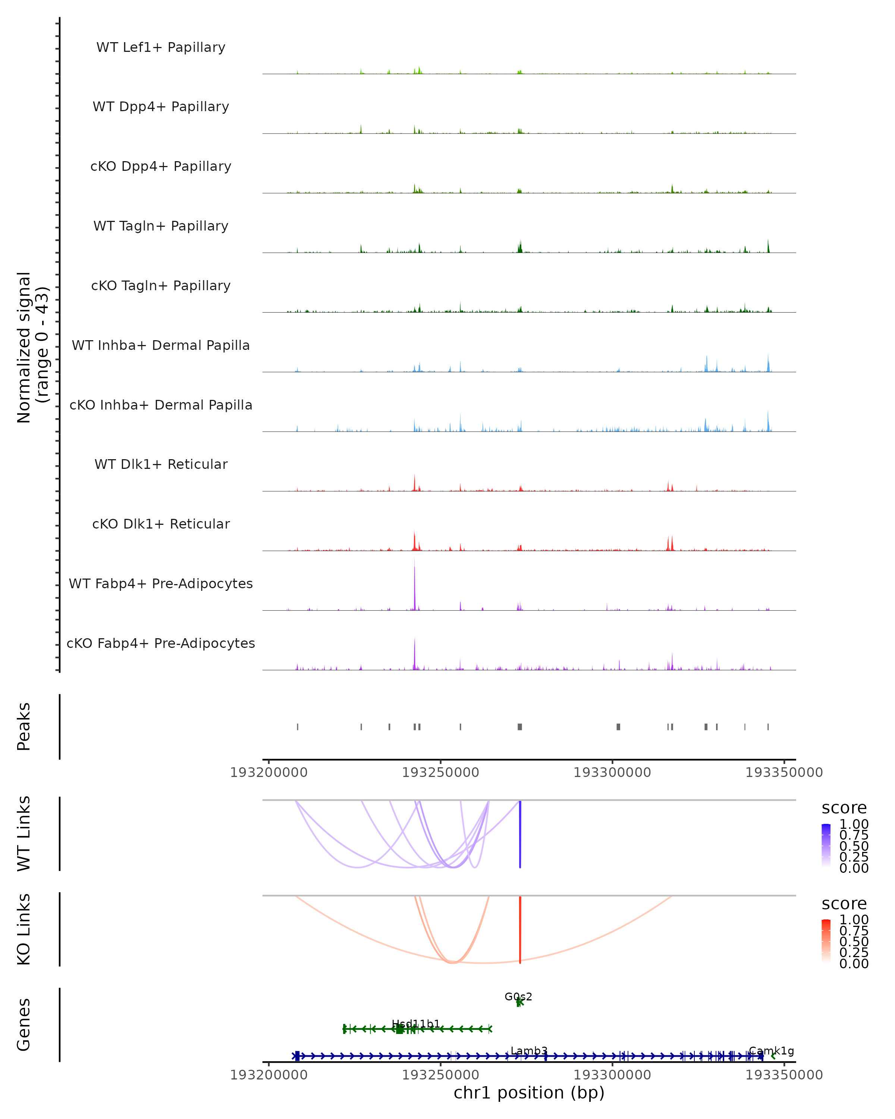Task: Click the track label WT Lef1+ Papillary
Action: click(161, 47)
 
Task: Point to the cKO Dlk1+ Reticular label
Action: click(161, 524)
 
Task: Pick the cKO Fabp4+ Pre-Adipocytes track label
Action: click(161, 643)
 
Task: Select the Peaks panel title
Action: click(23, 726)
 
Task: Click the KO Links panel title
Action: click(23, 929)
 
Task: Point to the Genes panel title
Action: click(23, 1025)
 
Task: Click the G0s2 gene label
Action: click(518, 997)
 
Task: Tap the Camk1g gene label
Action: click(772, 1051)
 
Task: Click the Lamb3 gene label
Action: click(529, 1051)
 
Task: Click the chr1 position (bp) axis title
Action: click(529, 1093)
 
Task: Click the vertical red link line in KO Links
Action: click(520, 929)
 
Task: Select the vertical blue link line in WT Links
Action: click(520, 834)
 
